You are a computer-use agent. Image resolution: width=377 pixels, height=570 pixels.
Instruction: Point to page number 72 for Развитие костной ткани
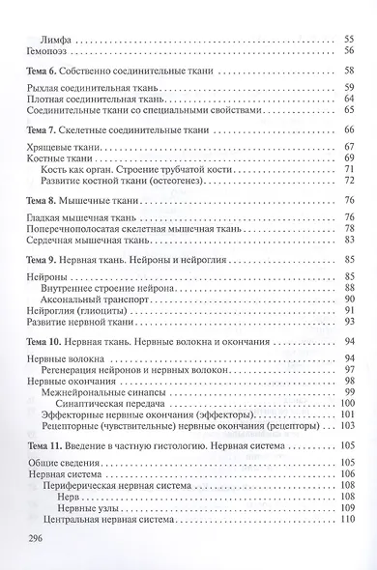(349, 180)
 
